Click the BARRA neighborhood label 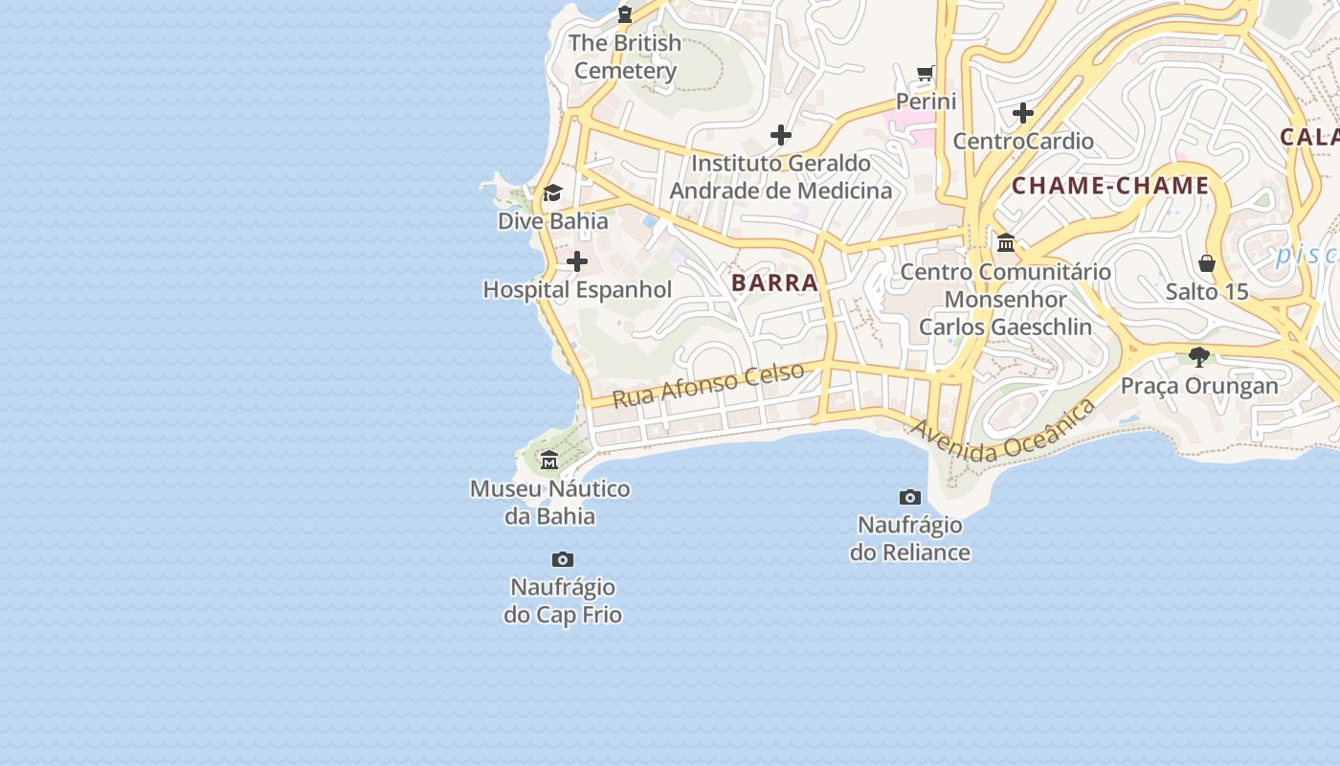click(x=774, y=282)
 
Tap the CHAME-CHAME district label click(x=1110, y=186)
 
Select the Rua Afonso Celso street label click(x=707, y=385)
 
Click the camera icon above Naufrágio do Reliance click(x=910, y=497)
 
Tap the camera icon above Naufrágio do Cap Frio click(x=563, y=559)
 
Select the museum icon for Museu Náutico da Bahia click(x=549, y=461)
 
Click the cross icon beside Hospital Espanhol click(x=577, y=261)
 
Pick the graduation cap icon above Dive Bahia click(x=552, y=193)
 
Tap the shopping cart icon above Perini click(x=926, y=74)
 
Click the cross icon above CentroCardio click(x=1023, y=113)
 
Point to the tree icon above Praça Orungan click(x=1199, y=357)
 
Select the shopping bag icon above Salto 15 click(x=1207, y=262)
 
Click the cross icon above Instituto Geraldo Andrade click(x=781, y=135)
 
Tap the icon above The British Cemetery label click(x=625, y=13)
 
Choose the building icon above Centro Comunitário click(x=1006, y=243)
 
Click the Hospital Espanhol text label click(x=577, y=289)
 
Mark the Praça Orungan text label click(x=1199, y=386)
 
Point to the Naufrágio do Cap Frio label click(x=563, y=600)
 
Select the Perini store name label click(x=926, y=101)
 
